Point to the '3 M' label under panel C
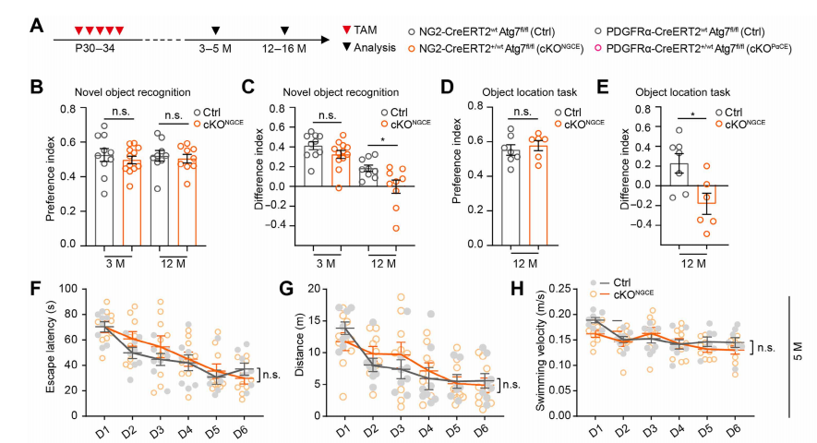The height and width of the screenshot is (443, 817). coord(327,264)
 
